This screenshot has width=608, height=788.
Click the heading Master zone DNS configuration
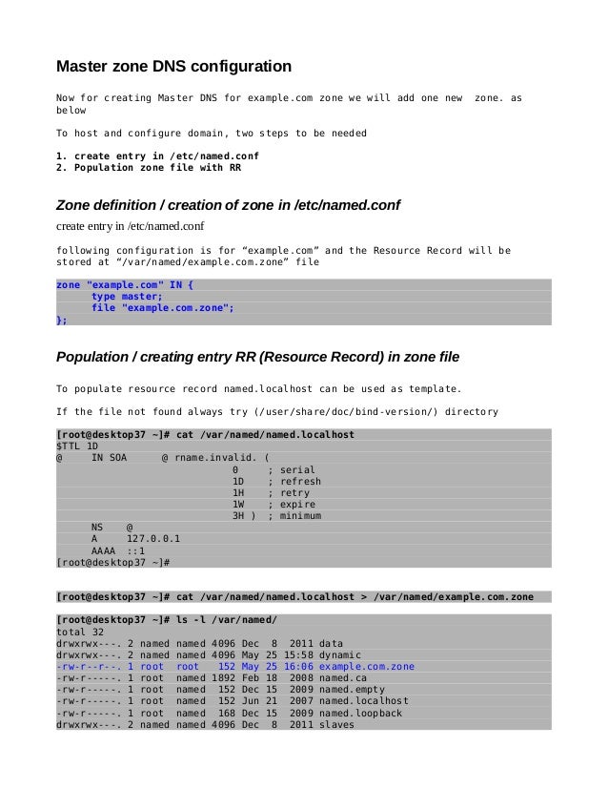[x=174, y=67]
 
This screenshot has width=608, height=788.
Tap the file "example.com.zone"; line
[x=162, y=308]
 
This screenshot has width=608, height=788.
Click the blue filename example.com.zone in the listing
[x=367, y=667]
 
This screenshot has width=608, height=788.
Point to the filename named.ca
[x=343, y=678]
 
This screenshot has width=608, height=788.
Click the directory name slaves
[x=336, y=724]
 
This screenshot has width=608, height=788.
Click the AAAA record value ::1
[x=135, y=550]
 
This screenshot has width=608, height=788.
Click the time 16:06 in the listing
[x=296, y=667]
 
